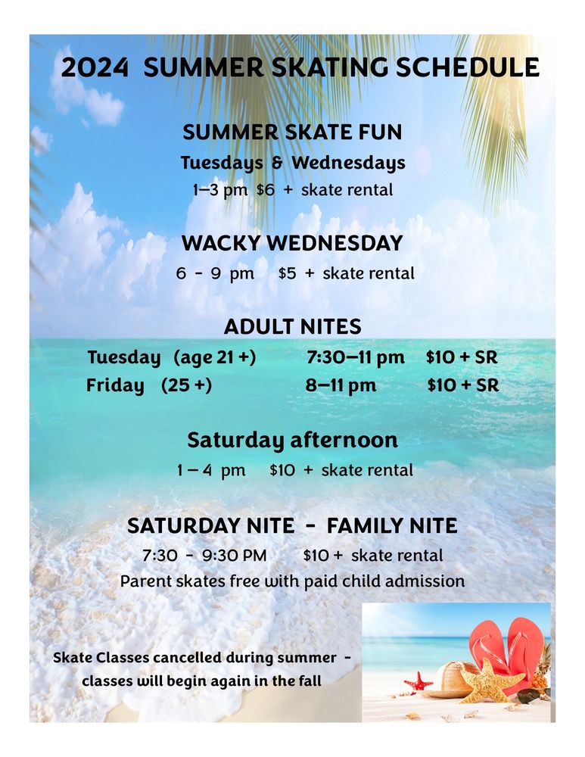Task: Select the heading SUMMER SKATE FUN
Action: pos(292,132)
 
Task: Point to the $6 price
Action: pos(265,189)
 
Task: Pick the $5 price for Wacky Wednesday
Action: pos(287,273)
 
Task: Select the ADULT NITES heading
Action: pos(292,327)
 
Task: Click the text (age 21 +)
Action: pos(214,357)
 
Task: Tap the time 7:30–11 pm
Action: pos(355,357)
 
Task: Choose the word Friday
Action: pos(115,385)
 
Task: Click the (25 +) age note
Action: pos(186,385)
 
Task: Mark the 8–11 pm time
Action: pos(341,385)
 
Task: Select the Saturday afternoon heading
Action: pos(292,440)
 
